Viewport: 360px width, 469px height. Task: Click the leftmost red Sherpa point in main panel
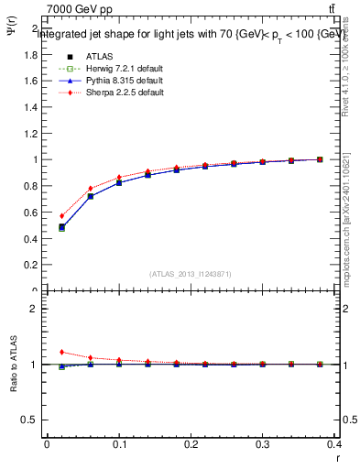[x=62, y=216]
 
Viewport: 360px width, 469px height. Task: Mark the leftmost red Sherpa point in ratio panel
[x=62, y=352]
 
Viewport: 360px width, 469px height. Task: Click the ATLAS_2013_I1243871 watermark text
[x=191, y=274]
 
